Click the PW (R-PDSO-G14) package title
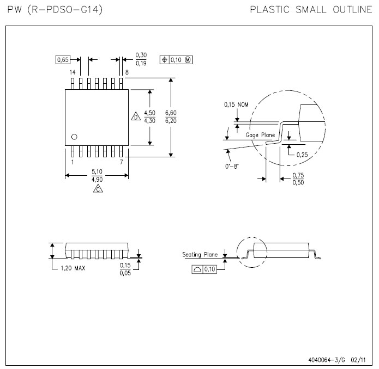tap(55, 10)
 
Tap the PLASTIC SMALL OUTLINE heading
tap(311, 10)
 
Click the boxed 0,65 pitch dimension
tap(63, 60)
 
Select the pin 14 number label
tap(72, 72)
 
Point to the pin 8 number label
tap(127, 72)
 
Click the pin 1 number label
tap(72, 162)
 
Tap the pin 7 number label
tap(121, 162)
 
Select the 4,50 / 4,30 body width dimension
tap(149, 116)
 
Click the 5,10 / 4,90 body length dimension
tap(97, 175)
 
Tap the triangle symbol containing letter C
tap(97, 189)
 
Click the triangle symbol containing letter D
tap(135, 117)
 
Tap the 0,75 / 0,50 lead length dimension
tap(298, 179)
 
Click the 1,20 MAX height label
tap(73, 268)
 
